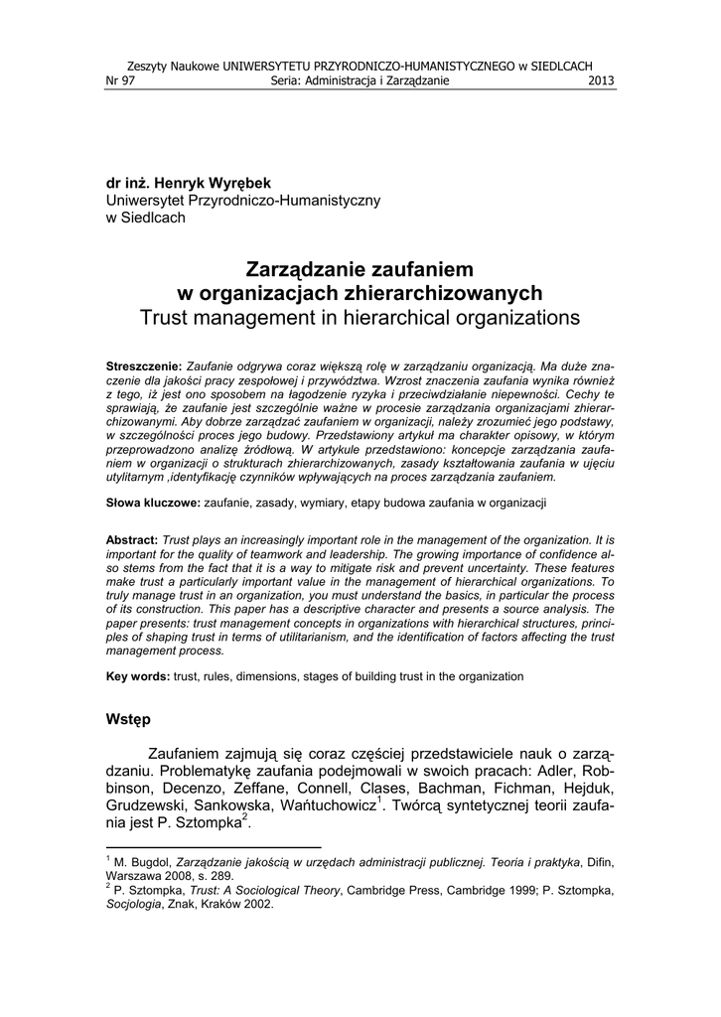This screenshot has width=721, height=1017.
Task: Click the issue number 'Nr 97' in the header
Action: click(119, 80)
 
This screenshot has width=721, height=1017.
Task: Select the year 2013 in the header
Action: click(602, 80)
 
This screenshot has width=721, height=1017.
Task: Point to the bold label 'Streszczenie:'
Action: click(144, 366)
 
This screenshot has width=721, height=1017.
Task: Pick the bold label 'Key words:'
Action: click(138, 676)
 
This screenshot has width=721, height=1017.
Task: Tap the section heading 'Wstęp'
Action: click(128, 719)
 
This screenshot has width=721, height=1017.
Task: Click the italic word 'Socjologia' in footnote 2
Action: click(135, 905)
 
